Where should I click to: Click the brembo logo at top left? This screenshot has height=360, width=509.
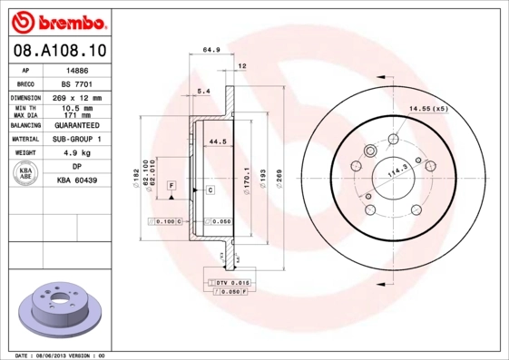tap(57, 19)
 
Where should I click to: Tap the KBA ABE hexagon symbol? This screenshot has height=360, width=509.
tap(25, 174)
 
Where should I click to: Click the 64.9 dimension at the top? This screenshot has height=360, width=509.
tap(211, 51)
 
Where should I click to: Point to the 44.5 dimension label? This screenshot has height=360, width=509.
tap(217, 142)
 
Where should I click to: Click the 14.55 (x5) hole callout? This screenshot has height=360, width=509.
tap(427, 109)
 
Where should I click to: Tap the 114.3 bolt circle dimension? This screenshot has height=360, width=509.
tap(398, 170)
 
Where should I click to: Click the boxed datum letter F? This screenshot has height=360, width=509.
tap(170, 185)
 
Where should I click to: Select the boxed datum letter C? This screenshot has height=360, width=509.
tap(209, 190)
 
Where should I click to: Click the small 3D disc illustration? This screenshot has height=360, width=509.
tap(57, 311)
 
